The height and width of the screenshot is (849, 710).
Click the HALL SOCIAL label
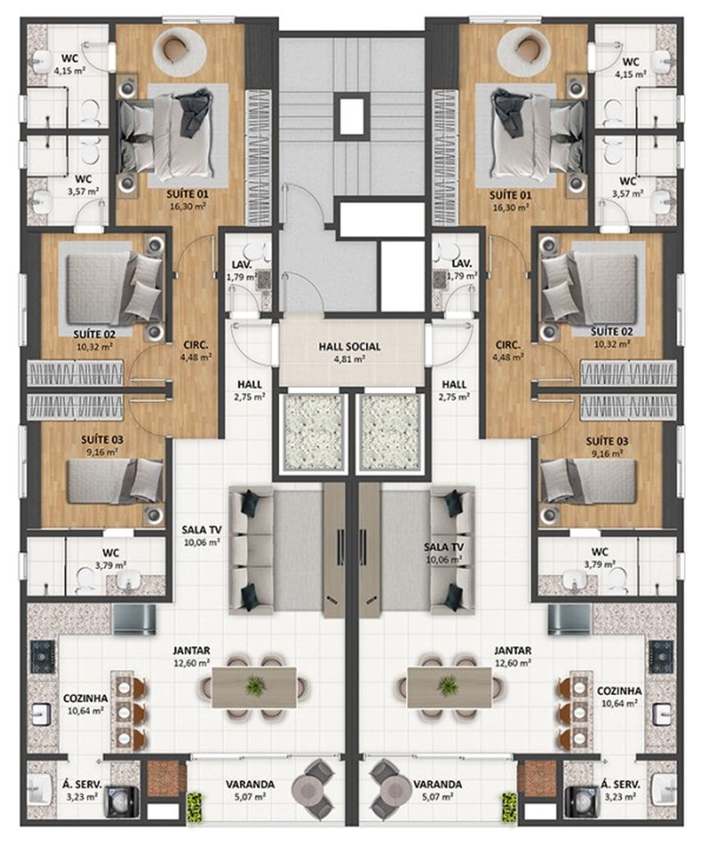[x=349, y=347]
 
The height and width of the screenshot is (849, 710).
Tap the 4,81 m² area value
[x=349, y=360]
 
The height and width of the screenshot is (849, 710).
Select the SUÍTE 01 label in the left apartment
[x=188, y=195]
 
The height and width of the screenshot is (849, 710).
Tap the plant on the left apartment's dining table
[x=255, y=686]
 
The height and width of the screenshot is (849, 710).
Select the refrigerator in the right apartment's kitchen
[x=569, y=619]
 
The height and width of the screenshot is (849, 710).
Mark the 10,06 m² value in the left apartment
[x=202, y=542]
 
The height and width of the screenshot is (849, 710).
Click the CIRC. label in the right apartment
[x=508, y=345]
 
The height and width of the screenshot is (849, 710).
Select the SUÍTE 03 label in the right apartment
[x=607, y=441]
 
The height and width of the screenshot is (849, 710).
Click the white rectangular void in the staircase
[x=351, y=117]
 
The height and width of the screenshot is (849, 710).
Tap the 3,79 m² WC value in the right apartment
[x=600, y=564]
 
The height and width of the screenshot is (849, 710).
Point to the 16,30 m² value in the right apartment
[x=511, y=208]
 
